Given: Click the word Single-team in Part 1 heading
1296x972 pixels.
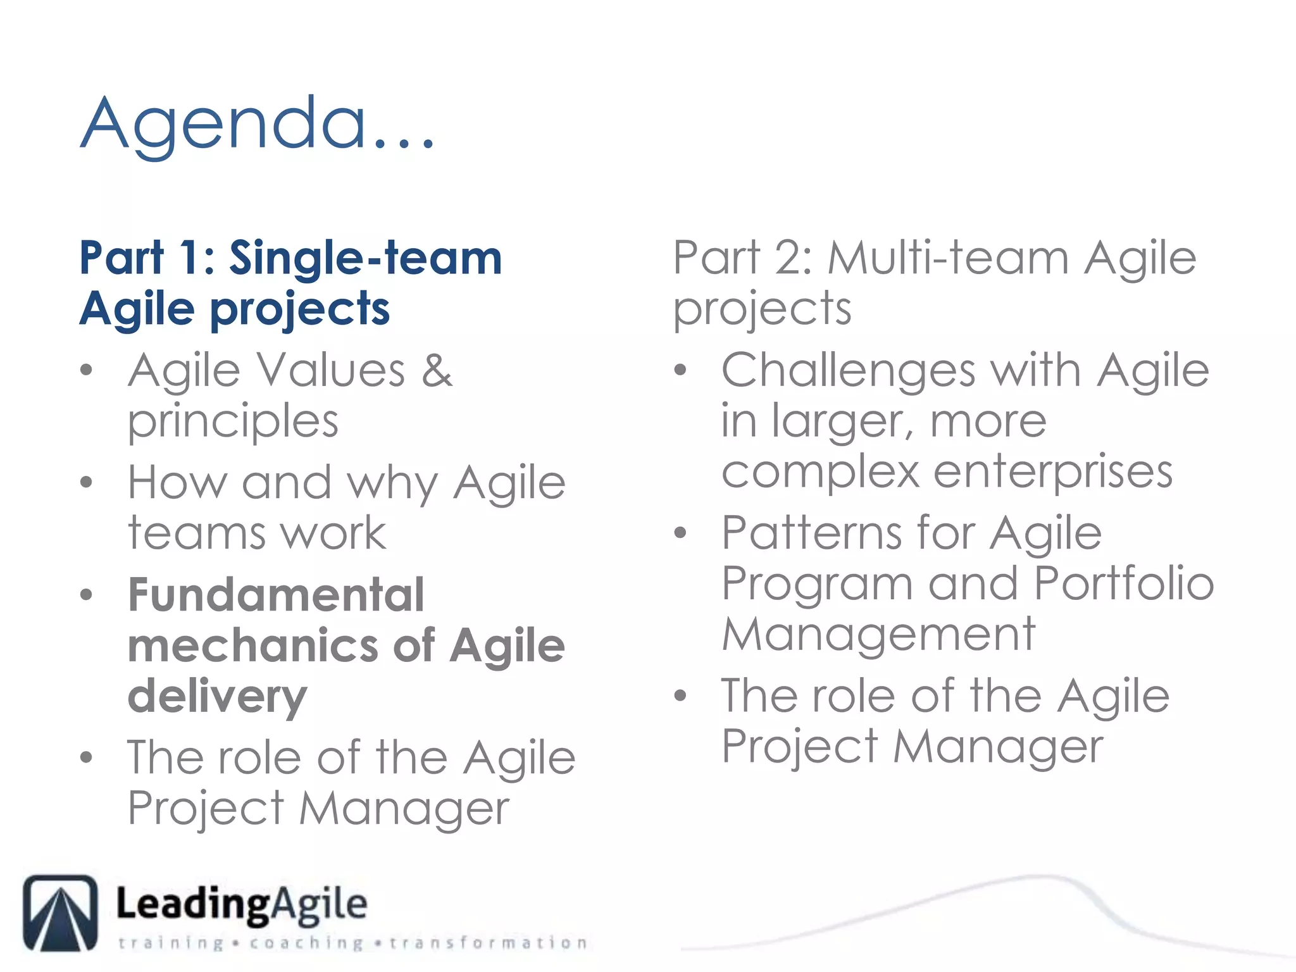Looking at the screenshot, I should click(365, 258).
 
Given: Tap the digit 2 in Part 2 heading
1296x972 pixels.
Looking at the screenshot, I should click(788, 258).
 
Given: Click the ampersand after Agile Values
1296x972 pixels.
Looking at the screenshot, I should click(437, 370).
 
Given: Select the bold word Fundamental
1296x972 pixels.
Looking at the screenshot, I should click(276, 595).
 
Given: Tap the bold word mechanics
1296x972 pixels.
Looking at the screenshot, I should click(253, 646).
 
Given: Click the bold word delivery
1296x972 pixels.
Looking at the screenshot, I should click(217, 697).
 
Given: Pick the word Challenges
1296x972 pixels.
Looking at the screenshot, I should click(848, 370).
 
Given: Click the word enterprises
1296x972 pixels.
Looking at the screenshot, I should click(1053, 472).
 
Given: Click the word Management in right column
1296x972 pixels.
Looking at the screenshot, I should click(878, 634).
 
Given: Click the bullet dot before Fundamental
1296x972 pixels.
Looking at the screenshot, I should click(87, 595).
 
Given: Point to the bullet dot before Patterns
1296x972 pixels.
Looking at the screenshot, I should click(680, 533).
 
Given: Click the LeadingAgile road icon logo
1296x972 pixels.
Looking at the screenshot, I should click(61, 913).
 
